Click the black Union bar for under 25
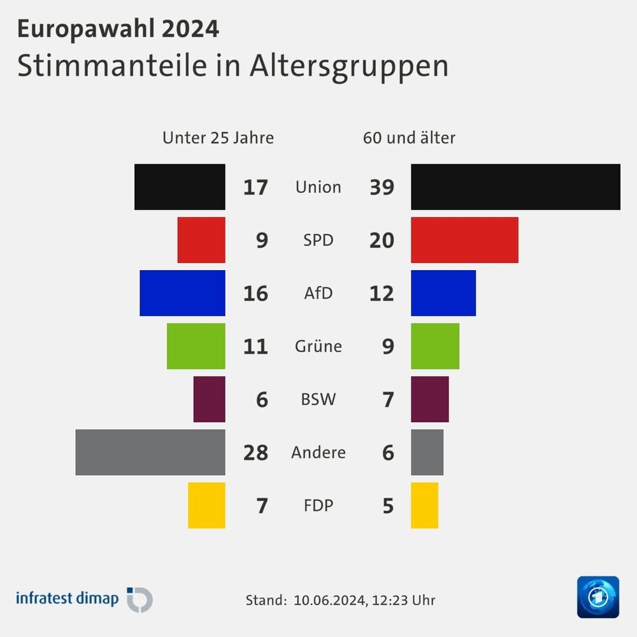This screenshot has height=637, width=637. click(180, 187)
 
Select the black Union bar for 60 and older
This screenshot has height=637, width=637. click(515, 187)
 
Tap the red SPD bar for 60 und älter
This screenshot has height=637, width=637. click(464, 240)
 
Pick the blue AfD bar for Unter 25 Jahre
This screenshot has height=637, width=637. click(182, 293)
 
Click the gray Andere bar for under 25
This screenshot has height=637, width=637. click(150, 452)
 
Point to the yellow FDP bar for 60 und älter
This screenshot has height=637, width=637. click(424, 505)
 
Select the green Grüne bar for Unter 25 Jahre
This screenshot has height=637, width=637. click(196, 346)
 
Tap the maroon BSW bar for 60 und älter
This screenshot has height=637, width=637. click(430, 399)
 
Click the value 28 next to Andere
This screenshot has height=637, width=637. click(255, 453)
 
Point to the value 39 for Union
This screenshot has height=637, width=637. click(382, 187)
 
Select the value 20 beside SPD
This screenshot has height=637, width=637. click(382, 240)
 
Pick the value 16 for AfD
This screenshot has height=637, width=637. click(255, 294)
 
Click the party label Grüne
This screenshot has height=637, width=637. click(318, 347)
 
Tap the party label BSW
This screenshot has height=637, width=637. click(318, 399)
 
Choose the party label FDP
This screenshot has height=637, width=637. click(318, 506)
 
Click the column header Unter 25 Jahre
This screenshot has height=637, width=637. click(218, 138)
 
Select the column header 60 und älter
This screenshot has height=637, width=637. click(409, 138)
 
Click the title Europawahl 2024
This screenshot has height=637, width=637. click(118, 29)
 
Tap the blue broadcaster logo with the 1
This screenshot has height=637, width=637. click(598, 597)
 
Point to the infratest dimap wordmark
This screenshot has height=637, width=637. click(67, 599)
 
